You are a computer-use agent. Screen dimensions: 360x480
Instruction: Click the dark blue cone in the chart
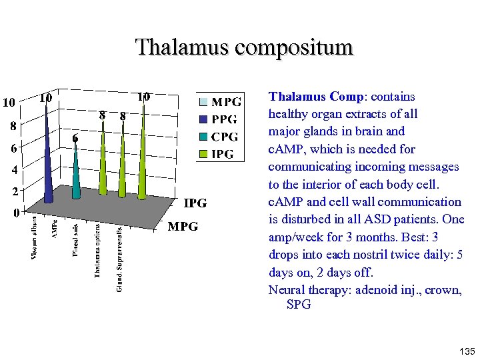49,167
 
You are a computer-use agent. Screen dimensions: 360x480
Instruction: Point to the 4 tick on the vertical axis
13,170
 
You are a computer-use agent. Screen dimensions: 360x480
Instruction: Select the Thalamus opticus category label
97,251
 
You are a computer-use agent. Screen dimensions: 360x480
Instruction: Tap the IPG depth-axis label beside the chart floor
195,203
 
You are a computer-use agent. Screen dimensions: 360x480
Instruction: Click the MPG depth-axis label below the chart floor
183,227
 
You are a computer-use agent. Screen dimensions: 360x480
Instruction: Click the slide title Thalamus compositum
244,47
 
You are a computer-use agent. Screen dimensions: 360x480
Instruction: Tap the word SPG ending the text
298,305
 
